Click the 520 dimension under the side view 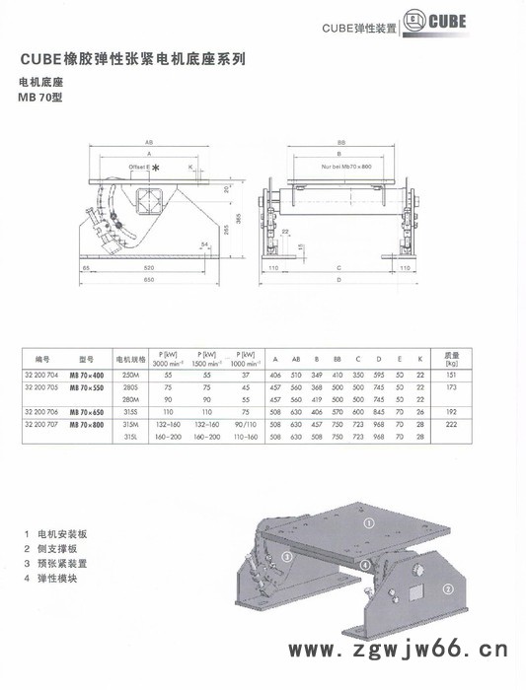pyautogui.click(x=149, y=268)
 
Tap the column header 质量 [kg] pyautogui.click(x=452, y=359)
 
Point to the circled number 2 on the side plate pyautogui.click(x=448, y=590)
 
